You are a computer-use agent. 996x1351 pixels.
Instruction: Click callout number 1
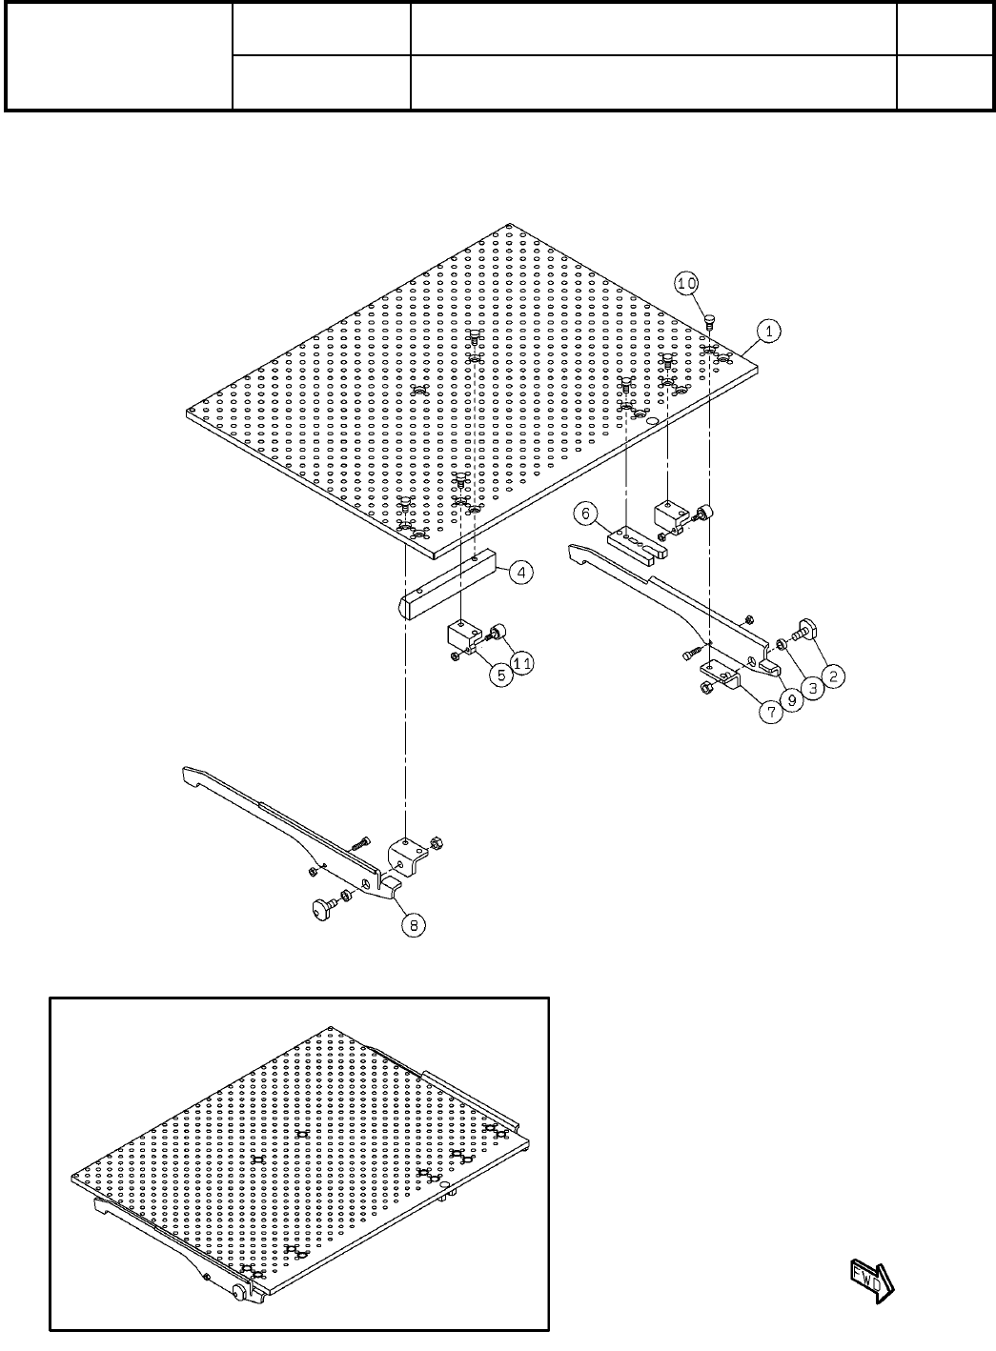tap(770, 331)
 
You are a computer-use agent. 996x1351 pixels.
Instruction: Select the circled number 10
tap(687, 283)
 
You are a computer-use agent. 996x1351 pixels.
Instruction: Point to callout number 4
tap(521, 572)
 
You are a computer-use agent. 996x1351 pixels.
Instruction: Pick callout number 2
tap(833, 676)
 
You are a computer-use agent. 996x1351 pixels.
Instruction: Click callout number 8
tap(413, 923)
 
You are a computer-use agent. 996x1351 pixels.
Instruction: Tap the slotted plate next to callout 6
tap(640, 542)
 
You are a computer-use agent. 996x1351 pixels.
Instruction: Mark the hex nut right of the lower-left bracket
tap(430, 843)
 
